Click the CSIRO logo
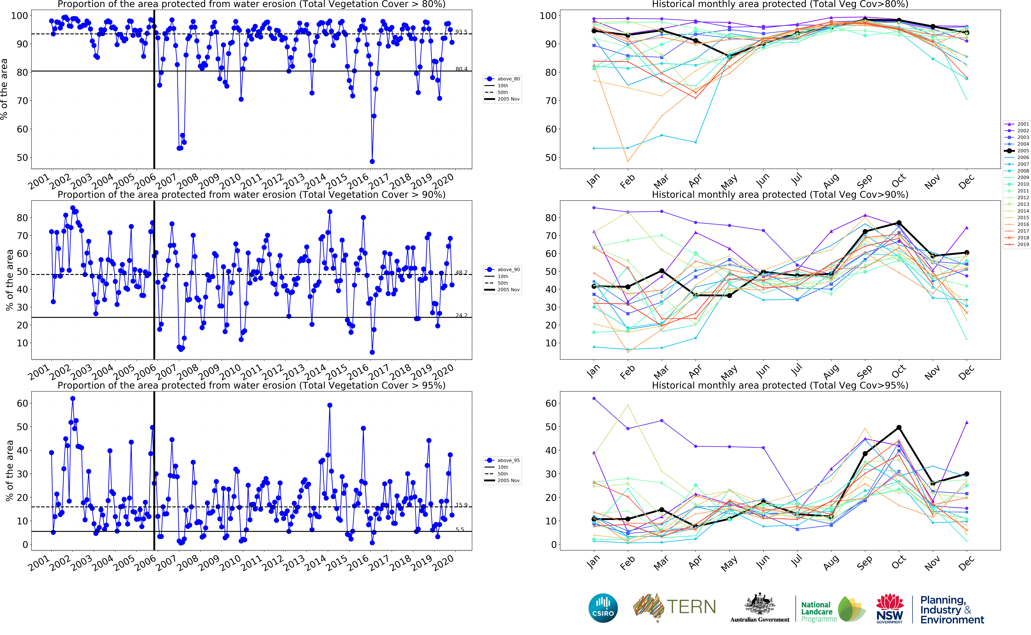coord(603,608)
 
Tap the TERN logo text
coord(691,607)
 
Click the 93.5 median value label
coord(461,32)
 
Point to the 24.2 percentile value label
coord(461,315)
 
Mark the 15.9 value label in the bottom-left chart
coord(461,505)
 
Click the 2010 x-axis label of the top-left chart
coord(231,181)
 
